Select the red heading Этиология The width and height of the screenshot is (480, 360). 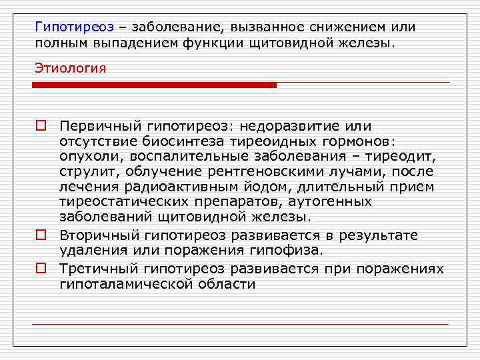point(71,69)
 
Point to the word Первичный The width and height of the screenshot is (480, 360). point(91,126)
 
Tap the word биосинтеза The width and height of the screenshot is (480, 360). point(175,141)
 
